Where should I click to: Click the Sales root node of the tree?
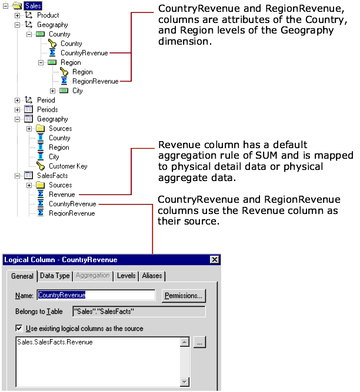pos(32,5)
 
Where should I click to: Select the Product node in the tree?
pos(48,15)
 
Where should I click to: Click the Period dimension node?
pos(46,100)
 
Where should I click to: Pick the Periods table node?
pos(47,109)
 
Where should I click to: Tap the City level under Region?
pos(77,91)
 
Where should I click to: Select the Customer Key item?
pos(68,166)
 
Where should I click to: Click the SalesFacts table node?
pos(52,176)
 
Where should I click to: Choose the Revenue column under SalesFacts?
pos(61,195)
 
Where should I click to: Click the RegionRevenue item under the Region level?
pos(95,81)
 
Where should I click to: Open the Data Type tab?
pos(55,275)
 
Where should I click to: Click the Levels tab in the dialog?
pos(126,275)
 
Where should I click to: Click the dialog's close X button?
pos(214,260)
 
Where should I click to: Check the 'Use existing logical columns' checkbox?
pos(19,329)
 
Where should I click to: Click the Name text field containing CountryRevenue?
pos(96,295)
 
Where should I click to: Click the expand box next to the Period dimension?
pos(17,100)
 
